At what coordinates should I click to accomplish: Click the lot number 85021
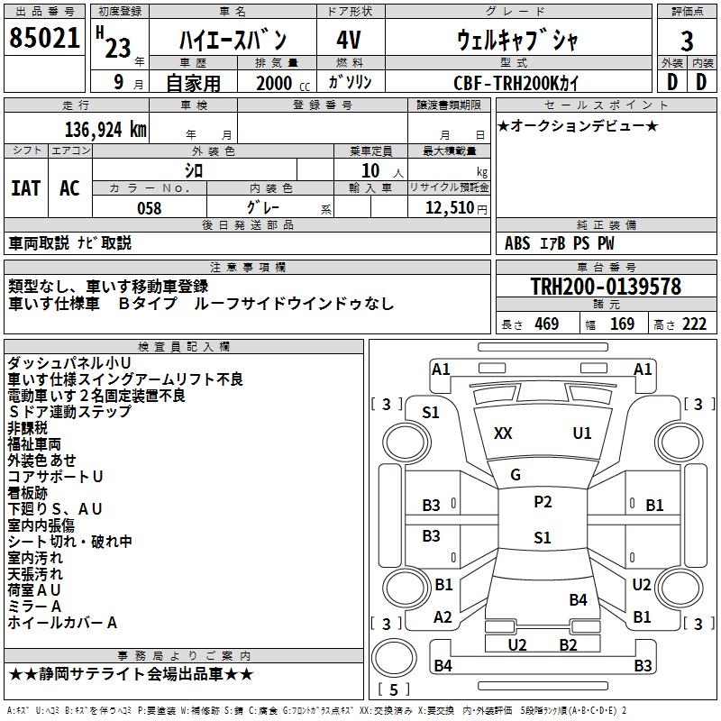[x=44, y=40]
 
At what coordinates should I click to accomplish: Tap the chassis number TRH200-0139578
[x=605, y=287]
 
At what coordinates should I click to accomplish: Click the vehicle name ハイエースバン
[x=233, y=40]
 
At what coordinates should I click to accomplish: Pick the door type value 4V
[x=349, y=40]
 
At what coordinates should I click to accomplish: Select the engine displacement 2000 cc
[x=279, y=83]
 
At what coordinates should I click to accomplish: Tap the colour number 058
[x=149, y=208]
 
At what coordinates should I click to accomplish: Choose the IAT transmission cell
[x=25, y=187]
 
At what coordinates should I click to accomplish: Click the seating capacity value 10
[x=370, y=170]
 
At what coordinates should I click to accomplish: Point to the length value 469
[x=546, y=324]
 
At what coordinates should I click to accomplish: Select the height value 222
[x=694, y=324]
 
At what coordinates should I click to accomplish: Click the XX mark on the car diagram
[x=503, y=434]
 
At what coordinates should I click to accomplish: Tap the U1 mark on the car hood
[x=582, y=434]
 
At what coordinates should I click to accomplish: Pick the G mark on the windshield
[x=516, y=474]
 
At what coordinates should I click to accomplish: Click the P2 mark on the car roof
[x=543, y=502]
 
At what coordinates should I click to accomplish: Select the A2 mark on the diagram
[x=443, y=617]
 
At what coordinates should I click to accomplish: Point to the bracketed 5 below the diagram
[x=393, y=689]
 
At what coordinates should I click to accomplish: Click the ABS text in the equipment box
[x=517, y=242]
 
